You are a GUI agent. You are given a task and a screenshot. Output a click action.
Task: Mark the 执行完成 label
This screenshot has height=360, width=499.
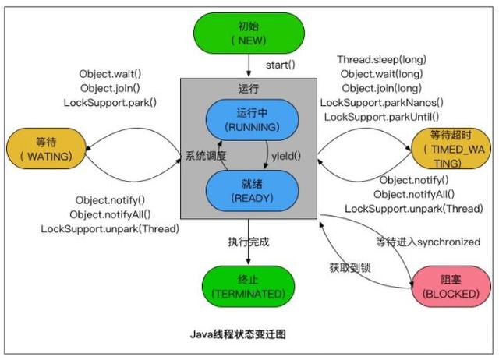click(x=248, y=242)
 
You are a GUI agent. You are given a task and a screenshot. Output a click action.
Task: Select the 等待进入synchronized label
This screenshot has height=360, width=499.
click(x=427, y=242)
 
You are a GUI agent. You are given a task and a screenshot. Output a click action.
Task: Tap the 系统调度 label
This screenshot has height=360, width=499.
click(x=205, y=156)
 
